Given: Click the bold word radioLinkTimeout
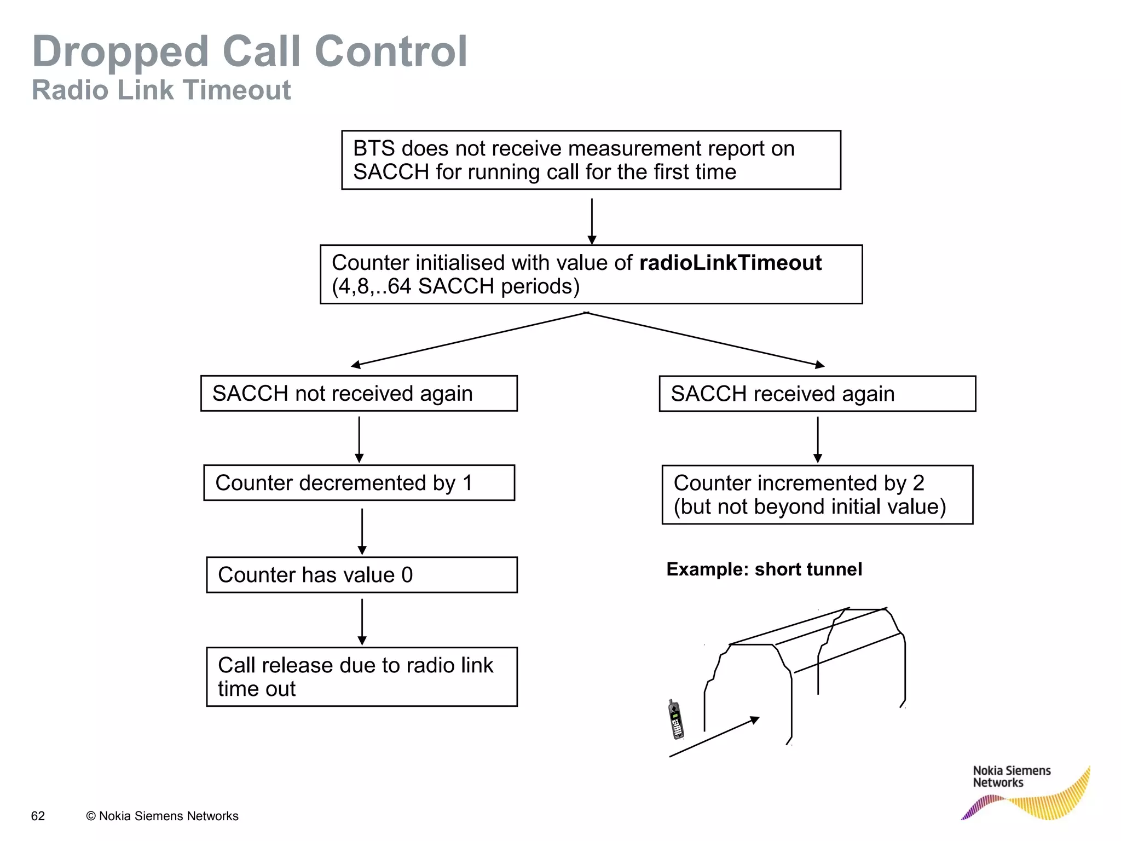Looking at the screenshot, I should click(730, 263).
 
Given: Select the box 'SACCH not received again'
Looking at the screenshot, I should click(359, 393).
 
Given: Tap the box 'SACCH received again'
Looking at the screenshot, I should click(817, 393).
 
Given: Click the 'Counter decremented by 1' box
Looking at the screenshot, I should click(359, 483).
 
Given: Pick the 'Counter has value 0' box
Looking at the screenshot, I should click(361, 575).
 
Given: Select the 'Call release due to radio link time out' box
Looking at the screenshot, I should click(361, 677).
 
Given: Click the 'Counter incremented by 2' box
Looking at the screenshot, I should click(817, 494).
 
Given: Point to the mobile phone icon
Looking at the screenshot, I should click(676, 719).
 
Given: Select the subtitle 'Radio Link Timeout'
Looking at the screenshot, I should click(161, 90).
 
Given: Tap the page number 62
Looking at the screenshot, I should click(38, 816).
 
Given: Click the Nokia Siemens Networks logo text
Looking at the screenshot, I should click(1011, 776).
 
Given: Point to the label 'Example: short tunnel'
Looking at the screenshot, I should click(764, 569).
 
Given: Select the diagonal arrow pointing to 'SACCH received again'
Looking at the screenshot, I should click(706, 339).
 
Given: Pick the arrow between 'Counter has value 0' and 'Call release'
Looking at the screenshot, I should click(361, 621).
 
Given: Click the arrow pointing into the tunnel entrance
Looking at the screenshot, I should click(714, 737).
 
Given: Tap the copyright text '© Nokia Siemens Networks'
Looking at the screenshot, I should click(162, 816).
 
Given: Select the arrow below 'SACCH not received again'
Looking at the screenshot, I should click(359, 439).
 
